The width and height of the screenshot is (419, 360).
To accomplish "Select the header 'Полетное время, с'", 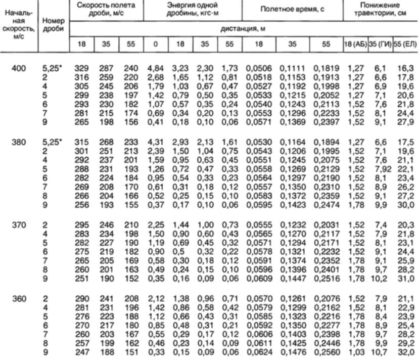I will tap(292, 10).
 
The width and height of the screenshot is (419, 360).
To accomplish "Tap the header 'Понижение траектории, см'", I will tap(380, 10).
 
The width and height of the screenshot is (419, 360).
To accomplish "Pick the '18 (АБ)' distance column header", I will tap(354, 44).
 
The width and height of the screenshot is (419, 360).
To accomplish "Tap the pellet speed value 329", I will tap(81, 68).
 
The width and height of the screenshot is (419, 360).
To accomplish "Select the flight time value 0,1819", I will tap(325, 68).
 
